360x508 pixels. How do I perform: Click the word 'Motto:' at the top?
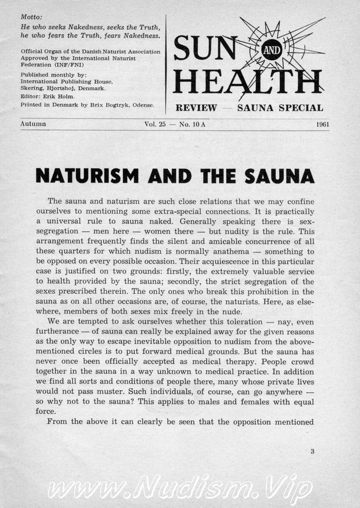click(x=32, y=17)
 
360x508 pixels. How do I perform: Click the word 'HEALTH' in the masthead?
click(x=247, y=81)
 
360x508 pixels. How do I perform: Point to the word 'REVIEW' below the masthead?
click(x=196, y=108)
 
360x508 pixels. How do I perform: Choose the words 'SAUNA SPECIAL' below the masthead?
click(x=280, y=108)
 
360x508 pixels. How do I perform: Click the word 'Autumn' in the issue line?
click(x=33, y=124)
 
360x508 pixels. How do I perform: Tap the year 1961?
click(x=322, y=124)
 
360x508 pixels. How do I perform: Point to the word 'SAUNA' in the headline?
click(x=280, y=175)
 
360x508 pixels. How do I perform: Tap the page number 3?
click(x=312, y=451)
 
